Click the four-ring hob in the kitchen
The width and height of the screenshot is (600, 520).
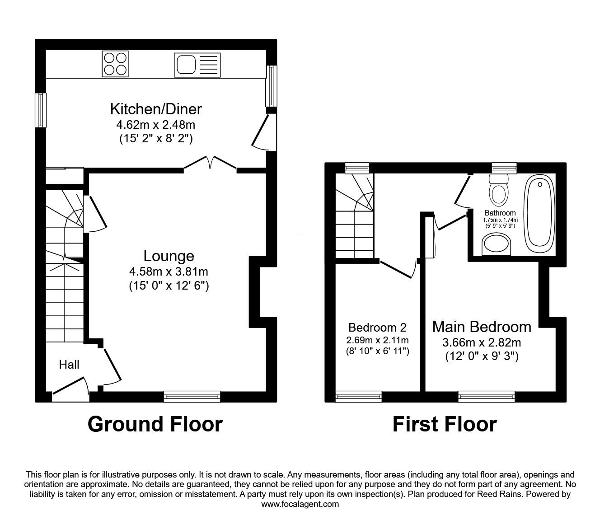pyautogui.click(x=115, y=64)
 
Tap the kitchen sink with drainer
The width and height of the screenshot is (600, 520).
pyautogui.click(x=197, y=64)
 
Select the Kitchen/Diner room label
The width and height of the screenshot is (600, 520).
pyautogui.click(x=156, y=109)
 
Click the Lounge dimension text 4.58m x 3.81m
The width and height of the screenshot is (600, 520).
pyautogui.click(x=169, y=272)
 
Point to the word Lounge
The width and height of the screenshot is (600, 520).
pyautogui.click(x=169, y=256)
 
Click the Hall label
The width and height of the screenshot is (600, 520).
pyautogui.click(x=69, y=365)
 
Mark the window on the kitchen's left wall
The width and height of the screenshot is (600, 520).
pyautogui.click(x=41, y=110)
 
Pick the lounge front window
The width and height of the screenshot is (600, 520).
pyautogui.click(x=192, y=397)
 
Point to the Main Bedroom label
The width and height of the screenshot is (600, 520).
pyautogui.click(x=482, y=326)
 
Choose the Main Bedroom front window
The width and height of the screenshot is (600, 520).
pyautogui.click(x=487, y=397)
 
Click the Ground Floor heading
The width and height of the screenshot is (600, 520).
pyautogui.click(x=155, y=424)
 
